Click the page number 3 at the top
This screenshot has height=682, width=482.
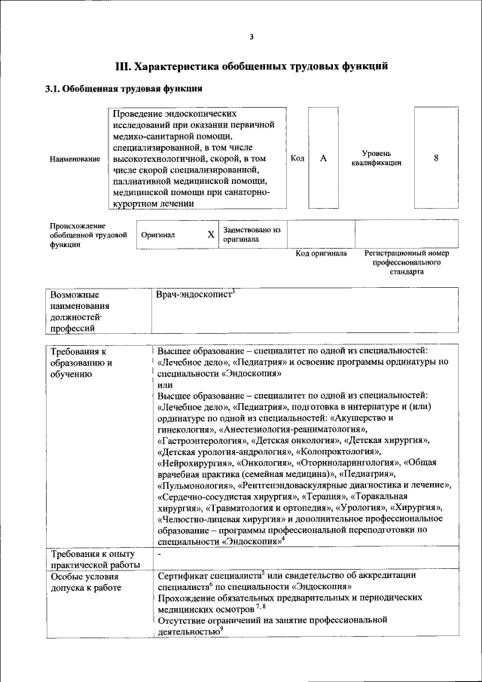(x=252, y=38)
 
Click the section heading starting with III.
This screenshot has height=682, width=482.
(x=252, y=66)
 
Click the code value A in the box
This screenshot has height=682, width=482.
(x=323, y=158)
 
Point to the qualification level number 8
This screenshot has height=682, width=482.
(x=436, y=158)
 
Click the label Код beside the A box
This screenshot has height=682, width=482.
(x=297, y=158)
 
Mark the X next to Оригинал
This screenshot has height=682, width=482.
(x=211, y=234)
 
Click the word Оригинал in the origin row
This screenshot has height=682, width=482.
(x=158, y=234)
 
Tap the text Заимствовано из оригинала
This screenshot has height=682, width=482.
(x=252, y=234)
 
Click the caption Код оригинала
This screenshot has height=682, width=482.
(x=321, y=254)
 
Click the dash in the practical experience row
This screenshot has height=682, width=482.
(x=160, y=555)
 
